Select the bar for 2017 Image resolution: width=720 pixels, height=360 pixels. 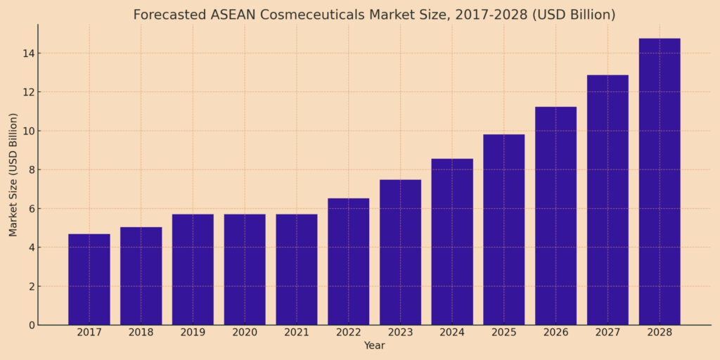89,279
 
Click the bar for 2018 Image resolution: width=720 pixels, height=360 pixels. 141,276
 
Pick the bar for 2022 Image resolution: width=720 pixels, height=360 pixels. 348,262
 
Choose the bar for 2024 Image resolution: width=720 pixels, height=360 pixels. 452,242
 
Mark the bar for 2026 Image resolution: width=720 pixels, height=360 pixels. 555,216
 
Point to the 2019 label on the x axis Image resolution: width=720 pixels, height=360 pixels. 193,333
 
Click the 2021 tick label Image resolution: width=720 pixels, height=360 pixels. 296,333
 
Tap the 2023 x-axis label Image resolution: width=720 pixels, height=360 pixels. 400,333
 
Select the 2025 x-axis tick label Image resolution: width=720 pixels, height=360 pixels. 503,333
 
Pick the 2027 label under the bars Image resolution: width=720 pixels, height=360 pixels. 607,333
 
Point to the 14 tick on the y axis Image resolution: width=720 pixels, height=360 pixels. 27,53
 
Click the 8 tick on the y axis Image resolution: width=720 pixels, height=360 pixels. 30,170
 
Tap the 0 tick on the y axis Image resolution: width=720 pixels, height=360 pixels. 30,325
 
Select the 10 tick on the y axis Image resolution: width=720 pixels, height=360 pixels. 27,131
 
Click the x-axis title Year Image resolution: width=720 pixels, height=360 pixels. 374,346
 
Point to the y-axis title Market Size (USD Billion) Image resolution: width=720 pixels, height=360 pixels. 13,174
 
